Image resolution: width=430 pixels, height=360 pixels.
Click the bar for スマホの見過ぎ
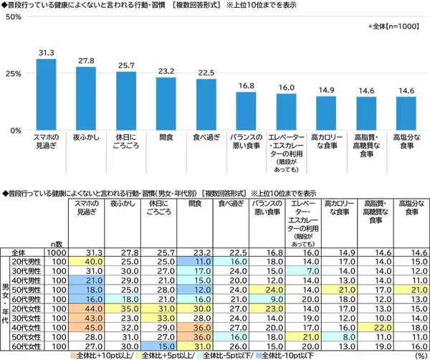coord(47,94)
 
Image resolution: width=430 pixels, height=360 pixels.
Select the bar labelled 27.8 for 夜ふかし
coord(86,98)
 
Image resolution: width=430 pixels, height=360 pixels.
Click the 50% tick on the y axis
coord(11,16)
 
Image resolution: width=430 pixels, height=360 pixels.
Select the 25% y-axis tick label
coord(11,73)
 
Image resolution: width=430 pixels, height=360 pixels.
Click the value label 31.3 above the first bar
coord(47,52)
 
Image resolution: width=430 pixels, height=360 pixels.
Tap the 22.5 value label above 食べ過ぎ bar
coord(206,72)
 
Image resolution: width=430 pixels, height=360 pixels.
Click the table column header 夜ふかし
coord(120,204)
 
